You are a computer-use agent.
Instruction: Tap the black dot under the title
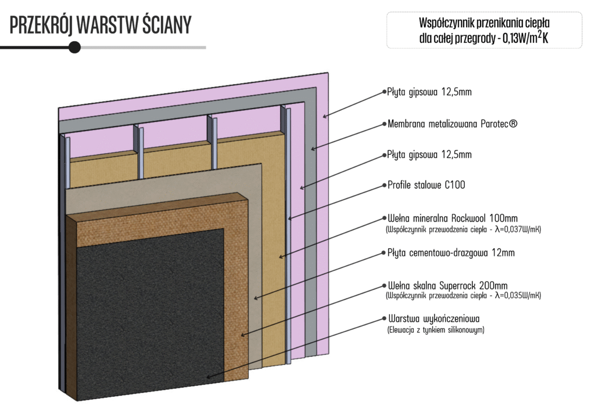(74, 47)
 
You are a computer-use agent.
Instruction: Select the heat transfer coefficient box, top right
(484, 31)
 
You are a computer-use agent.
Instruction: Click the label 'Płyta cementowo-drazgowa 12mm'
(450, 253)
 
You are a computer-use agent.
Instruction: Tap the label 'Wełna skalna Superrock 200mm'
(447, 285)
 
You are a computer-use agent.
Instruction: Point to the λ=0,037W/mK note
(463, 230)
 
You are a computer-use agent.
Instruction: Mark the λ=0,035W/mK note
(463, 296)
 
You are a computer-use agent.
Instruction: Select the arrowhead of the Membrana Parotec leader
(312, 150)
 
